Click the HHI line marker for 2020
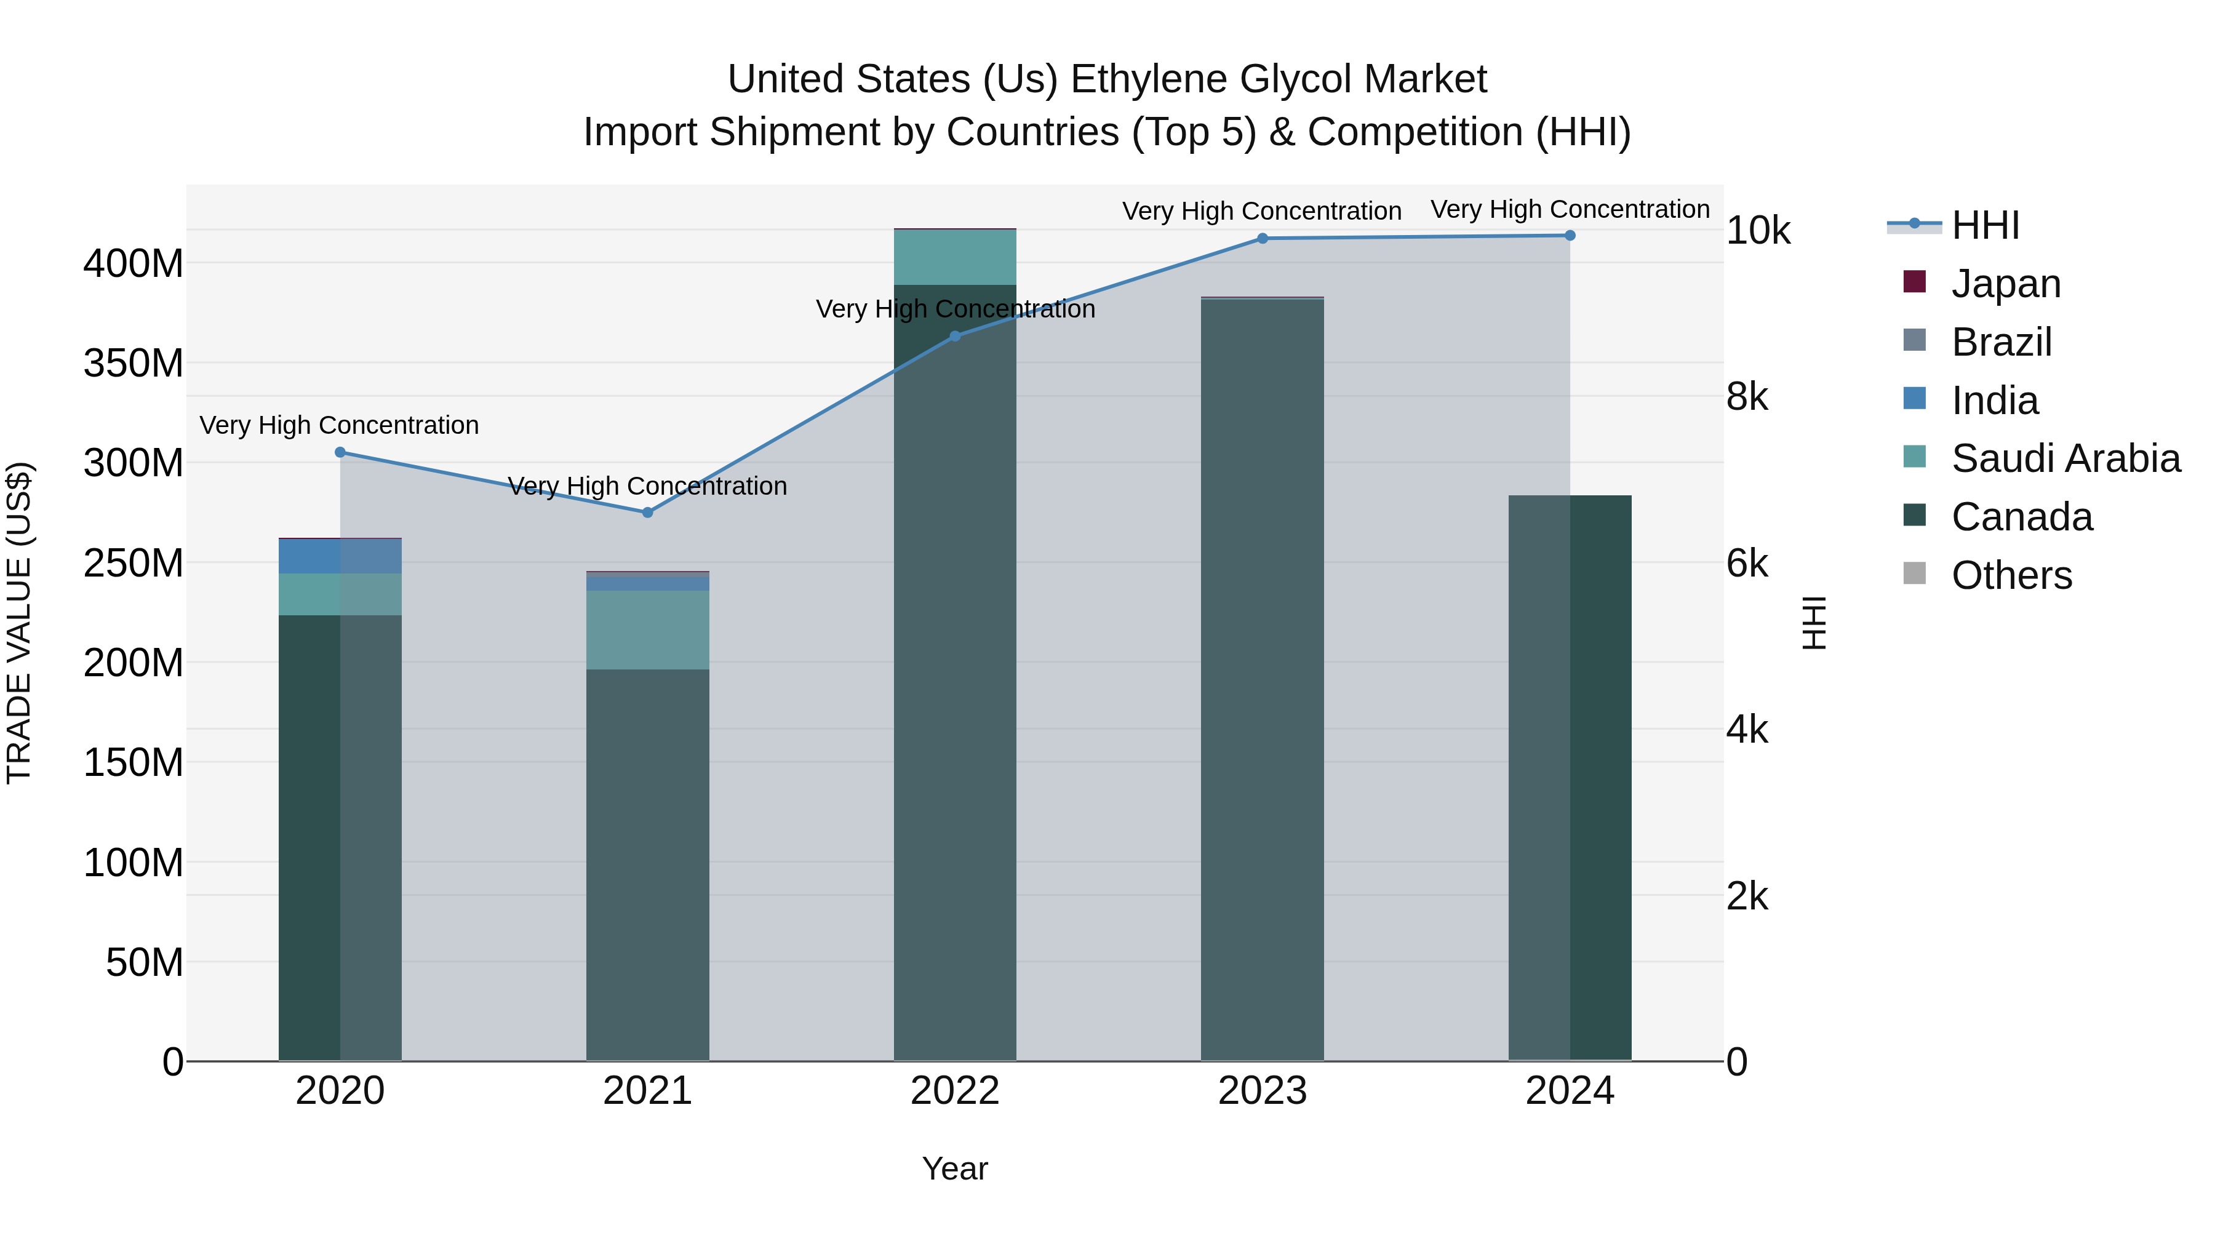(340, 452)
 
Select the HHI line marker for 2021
(647, 513)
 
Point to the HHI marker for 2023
(1263, 238)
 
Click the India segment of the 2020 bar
(340, 556)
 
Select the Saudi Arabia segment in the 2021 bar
(647, 629)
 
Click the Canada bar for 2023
(1263, 679)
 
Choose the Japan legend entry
(2005, 284)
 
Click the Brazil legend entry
(2001, 342)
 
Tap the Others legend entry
(2011, 575)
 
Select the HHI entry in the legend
(1984, 225)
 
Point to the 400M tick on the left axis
(134, 263)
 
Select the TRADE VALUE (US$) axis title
(19, 623)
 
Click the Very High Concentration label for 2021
(647, 487)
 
